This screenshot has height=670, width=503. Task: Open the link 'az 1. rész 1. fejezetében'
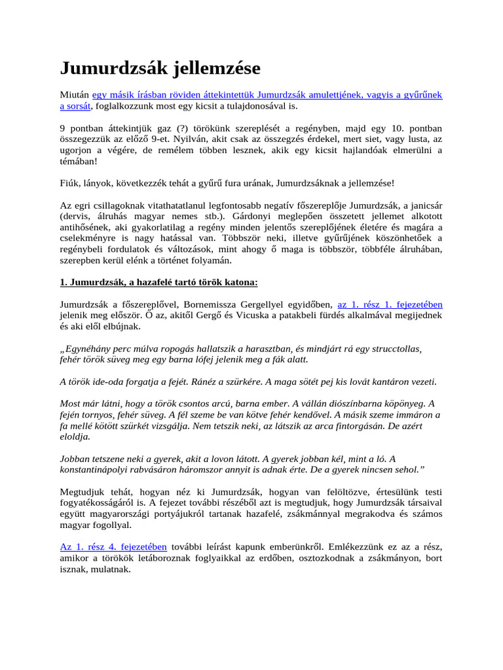click(390, 304)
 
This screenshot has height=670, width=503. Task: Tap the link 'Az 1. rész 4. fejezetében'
click(113, 546)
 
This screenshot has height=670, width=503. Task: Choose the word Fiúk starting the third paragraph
click(70, 183)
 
